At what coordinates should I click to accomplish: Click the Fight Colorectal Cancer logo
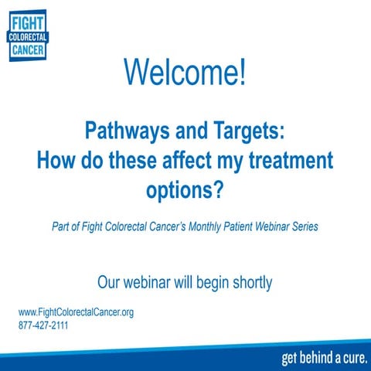coord(27,36)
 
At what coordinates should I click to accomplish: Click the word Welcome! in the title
coord(185,73)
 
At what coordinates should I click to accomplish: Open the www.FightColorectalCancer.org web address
coord(77,312)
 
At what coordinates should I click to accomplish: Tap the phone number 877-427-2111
coord(44,325)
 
